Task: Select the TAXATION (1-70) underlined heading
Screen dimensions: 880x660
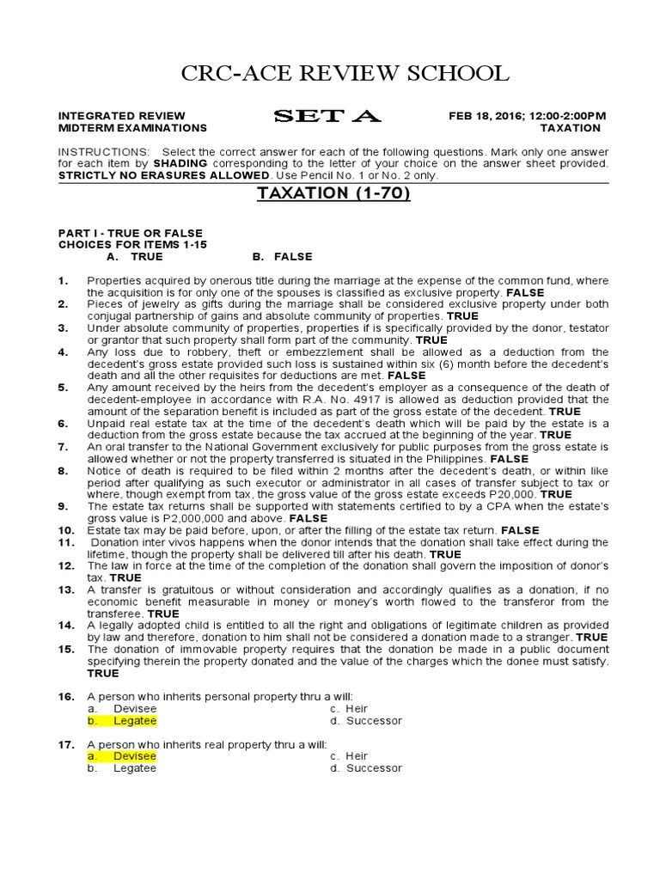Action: tap(334, 193)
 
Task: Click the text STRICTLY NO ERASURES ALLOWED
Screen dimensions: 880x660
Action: tap(163, 174)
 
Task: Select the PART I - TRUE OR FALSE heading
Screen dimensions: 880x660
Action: tap(130, 233)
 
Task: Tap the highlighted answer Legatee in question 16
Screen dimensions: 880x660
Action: tap(135, 721)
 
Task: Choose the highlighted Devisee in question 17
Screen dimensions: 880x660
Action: tap(135, 755)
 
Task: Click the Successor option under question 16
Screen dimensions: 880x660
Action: tap(374, 721)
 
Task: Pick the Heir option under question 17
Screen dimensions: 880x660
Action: tap(357, 755)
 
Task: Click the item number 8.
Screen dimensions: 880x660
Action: tap(63, 471)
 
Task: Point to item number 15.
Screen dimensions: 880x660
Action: tap(66, 649)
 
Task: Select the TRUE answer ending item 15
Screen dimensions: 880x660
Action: tap(102, 673)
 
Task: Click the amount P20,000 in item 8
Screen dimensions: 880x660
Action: tap(510, 495)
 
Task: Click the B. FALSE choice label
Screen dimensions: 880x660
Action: tap(282, 256)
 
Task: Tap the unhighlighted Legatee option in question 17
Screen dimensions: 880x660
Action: tap(135, 767)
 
